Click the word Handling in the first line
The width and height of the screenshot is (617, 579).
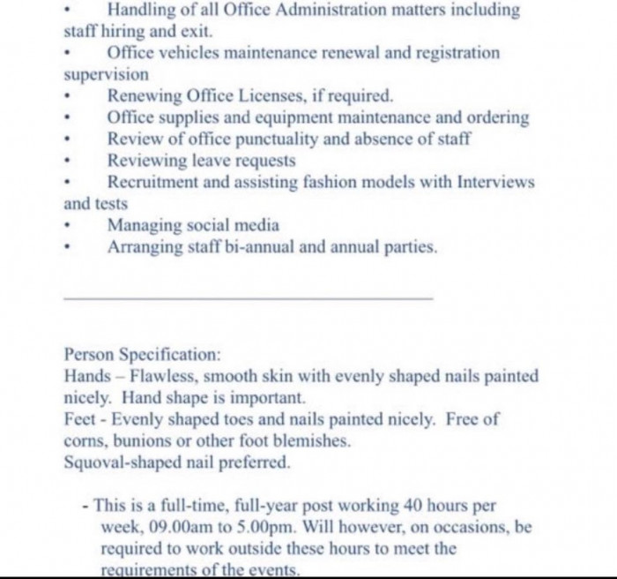pyautogui.click(x=144, y=11)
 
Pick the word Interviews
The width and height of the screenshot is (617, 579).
pyautogui.click(x=495, y=183)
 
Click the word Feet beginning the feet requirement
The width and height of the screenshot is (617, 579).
pyautogui.click(x=81, y=419)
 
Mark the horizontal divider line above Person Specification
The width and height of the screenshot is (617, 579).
pyautogui.click(x=248, y=298)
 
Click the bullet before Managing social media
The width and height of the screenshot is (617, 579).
pyautogui.click(x=68, y=227)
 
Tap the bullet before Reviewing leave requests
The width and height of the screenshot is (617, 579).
pyautogui.click(x=68, y=162)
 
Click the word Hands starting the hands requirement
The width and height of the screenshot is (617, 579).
pyautogui.click(x=86, y=376)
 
